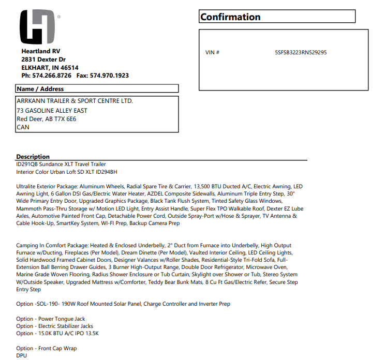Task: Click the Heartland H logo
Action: point(37,27)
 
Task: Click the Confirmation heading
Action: point(230,17)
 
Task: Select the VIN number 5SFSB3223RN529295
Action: point(301,53)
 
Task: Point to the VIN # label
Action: point(213,53)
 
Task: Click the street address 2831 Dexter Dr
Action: point(43,59)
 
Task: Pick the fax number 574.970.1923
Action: point(109,76)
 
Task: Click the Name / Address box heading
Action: point(40,89)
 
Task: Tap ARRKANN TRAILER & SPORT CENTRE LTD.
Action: point(75,101)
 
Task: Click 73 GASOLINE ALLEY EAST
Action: point(52,111)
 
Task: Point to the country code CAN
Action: point(23,127)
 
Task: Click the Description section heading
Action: point(33,157)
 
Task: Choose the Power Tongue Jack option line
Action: point(51,319)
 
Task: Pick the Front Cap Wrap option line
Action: point(47,349)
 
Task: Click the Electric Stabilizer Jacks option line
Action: point(54,326)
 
